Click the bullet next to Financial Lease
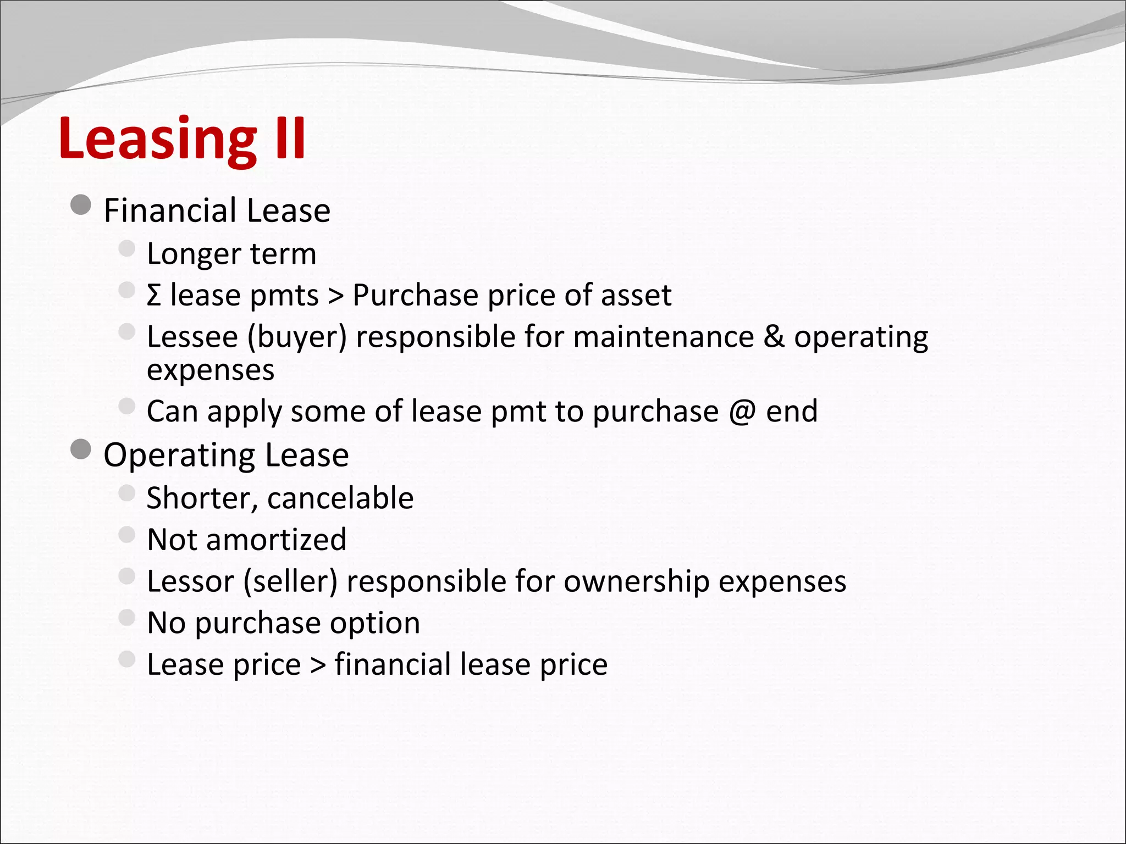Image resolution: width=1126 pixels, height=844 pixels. [x=81, y=206]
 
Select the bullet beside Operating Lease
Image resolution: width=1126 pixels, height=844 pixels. [x=81, y=450]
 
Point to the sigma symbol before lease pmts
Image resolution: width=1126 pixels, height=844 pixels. [x=154, y=295]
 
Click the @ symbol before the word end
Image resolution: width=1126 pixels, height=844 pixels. [x=742, y=411]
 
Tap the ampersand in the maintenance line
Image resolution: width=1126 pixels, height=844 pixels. [x=774, y=336]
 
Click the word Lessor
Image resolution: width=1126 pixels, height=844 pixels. [x=191, y=581]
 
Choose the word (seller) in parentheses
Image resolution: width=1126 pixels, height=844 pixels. [x=290, y=581]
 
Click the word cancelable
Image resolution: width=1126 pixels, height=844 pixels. [x=340, y=498]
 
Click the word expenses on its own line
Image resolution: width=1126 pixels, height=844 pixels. [x=211, y=370]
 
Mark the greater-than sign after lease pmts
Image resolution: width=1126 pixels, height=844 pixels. [x=335, y=296]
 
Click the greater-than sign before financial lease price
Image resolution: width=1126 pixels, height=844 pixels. [x=318, y=665]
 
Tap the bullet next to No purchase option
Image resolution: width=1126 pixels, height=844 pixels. [x=126, y=618]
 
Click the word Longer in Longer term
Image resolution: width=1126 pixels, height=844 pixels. [x=194, y=254]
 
